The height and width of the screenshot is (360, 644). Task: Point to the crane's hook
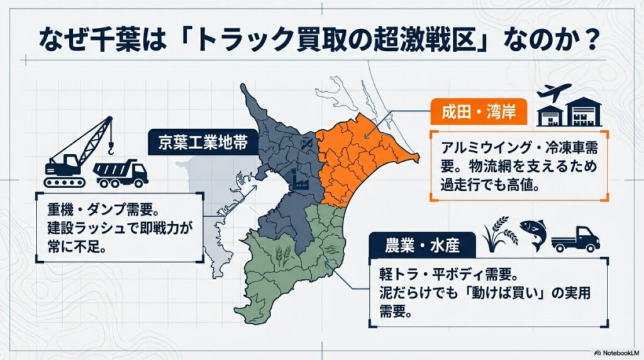111,150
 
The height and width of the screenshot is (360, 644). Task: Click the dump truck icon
121,172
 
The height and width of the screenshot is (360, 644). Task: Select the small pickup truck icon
575,239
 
